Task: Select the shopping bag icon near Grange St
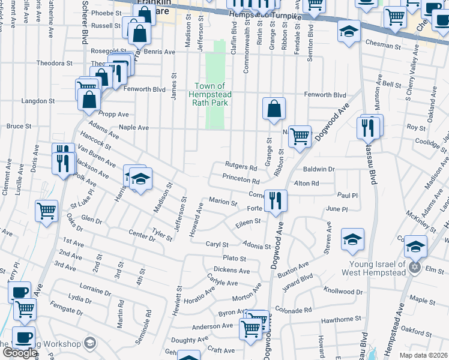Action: coord(274,109)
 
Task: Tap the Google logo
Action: coord(19,353)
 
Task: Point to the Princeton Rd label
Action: coord(241,180)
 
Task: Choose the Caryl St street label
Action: coord(218,245)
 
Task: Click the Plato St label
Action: coord(235,258)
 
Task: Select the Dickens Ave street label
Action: coord(232,271)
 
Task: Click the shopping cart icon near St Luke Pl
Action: coord(46,211)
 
